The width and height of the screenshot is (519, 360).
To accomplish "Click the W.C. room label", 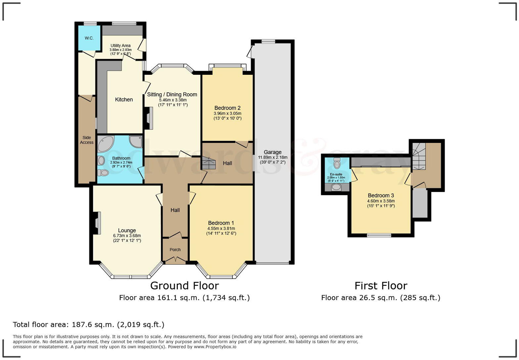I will pos(89,38).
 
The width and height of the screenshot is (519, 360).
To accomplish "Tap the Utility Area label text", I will pos(120,46).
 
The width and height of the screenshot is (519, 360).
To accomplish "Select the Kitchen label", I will pos(124,100).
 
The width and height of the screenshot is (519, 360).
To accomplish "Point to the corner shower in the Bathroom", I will pos(136,142).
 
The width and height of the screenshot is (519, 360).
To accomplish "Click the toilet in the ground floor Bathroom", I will pos(103,172).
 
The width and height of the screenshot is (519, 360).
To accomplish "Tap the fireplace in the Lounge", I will pos(97,223).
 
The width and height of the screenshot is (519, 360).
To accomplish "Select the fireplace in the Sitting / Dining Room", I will pos(149,118).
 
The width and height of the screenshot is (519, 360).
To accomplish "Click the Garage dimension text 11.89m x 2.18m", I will pos(273,157).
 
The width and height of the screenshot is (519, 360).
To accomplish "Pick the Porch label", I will pos(175,250).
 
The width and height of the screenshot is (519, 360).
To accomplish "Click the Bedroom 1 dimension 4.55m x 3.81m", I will pos(221,228).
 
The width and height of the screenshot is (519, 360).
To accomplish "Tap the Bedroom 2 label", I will pos(227,108).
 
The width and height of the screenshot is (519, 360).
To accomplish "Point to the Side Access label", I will pos(87,140).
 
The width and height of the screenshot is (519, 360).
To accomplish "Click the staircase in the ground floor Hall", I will pos(209,163).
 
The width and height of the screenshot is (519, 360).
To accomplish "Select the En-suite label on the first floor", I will pos(336,174).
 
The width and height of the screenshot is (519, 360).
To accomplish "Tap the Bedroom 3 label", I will pos(381,196).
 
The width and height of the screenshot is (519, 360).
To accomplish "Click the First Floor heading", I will pos(381,286).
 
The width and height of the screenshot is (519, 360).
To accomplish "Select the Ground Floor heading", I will pos(184,286).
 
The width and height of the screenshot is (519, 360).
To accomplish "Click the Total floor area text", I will pos(88,325).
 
